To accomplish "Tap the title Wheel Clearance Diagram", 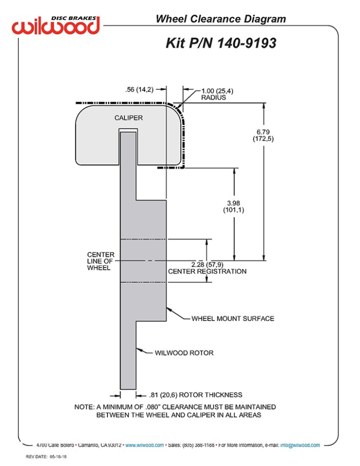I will pos(220,19).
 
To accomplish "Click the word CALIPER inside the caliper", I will pos(128,118).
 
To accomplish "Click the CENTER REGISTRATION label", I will pos(207,271).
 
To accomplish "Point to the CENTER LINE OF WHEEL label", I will pos(100,261).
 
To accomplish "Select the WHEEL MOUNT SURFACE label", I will pos(232,318).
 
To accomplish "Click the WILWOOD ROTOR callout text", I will pos(184,353).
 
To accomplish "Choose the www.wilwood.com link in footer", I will pos(144,445).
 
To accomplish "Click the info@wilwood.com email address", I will pos(300,445).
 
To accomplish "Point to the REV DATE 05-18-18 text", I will pos(47,457).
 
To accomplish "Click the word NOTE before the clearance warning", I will pos(83,407).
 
